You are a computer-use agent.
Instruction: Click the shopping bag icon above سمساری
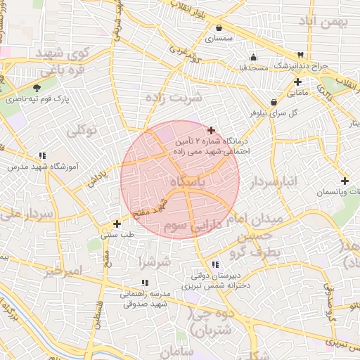220,28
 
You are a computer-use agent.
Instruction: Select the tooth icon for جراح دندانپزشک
301,55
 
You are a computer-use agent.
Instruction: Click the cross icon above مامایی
298,82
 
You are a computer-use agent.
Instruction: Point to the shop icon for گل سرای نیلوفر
274,102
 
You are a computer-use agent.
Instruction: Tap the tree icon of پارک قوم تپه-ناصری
37,89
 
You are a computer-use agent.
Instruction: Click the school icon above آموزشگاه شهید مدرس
42,155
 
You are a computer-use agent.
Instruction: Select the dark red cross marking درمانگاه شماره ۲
212,130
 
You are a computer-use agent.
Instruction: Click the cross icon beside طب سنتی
117,224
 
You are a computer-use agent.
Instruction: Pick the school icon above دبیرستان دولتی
215,264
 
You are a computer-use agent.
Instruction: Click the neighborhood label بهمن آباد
324,23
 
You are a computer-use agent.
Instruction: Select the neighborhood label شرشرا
155,262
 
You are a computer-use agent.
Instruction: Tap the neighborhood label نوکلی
82,130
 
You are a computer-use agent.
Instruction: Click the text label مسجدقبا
254,68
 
